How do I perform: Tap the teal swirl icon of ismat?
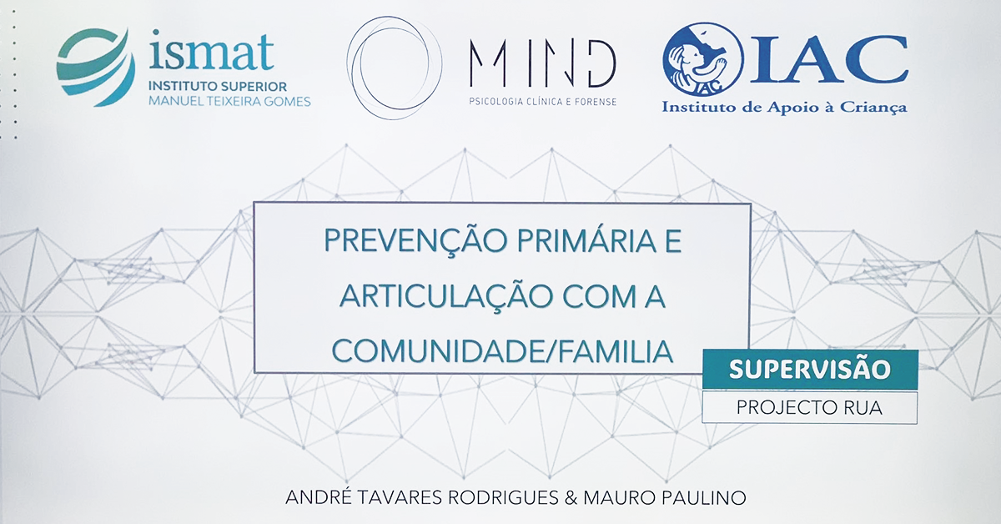[95, 67]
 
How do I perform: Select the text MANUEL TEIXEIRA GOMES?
[229, 102]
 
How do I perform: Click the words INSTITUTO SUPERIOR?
[218, 86]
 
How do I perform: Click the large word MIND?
[542, 63]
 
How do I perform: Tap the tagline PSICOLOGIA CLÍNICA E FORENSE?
[542, 102]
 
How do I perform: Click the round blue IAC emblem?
[702, 59]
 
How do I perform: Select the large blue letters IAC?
[828, 60]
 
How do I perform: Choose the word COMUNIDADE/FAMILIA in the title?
[502, 351]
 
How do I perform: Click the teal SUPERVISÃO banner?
[810, 370]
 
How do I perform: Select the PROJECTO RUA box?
[810, 407]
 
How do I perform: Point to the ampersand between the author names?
[571, 497]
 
